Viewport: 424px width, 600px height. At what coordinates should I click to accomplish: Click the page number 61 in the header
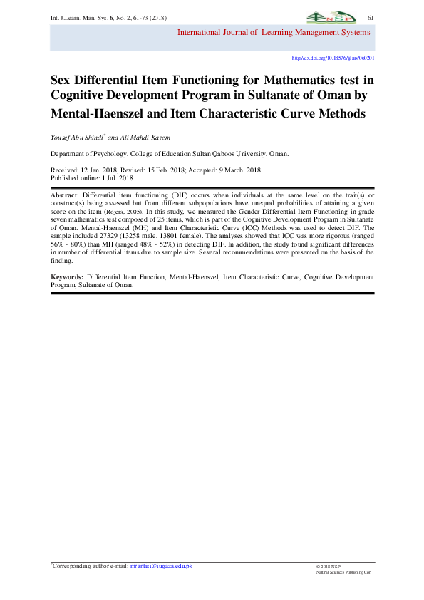point(371,17)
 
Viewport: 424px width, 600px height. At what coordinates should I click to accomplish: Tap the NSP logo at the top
point(329,17)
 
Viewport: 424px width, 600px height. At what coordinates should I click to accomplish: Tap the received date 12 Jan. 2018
point(106,170)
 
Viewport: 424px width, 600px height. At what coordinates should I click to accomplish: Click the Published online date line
point(96,178)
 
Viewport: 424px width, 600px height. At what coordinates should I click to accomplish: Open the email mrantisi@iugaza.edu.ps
point(160,567)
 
